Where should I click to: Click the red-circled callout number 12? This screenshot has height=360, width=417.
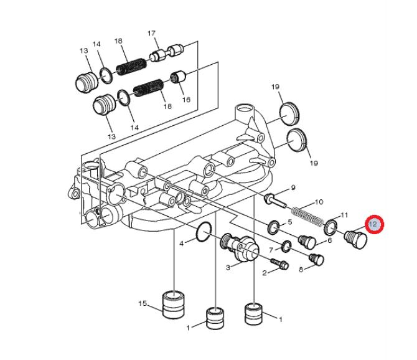(x=373, y=225)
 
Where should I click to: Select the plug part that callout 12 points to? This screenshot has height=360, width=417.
(x=356, y=239)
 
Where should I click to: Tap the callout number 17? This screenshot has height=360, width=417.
(x=151, y=34)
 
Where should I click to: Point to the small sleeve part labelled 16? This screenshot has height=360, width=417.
(x=177, y=77)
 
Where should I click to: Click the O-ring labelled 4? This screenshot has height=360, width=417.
(x=204, y=232)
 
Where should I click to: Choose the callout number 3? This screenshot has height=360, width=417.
(x=228, y=267)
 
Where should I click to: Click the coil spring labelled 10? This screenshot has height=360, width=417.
(x=307, y=216)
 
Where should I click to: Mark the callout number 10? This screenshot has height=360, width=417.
(x=319, y=202)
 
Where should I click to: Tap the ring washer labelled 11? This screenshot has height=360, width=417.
(x=330, y=227)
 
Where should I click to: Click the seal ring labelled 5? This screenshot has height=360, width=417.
(x=274, y=227)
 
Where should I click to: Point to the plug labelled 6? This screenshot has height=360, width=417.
(x=307, y=242)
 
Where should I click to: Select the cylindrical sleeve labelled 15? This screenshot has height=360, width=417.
(x=174, y=305)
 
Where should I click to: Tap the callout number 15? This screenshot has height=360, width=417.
(x=143, y=303)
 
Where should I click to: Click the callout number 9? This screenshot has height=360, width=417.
(x=293, y=187)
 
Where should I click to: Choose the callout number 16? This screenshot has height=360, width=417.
(x=186, y=100)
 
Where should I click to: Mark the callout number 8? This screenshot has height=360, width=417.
(x=301, y=270)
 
